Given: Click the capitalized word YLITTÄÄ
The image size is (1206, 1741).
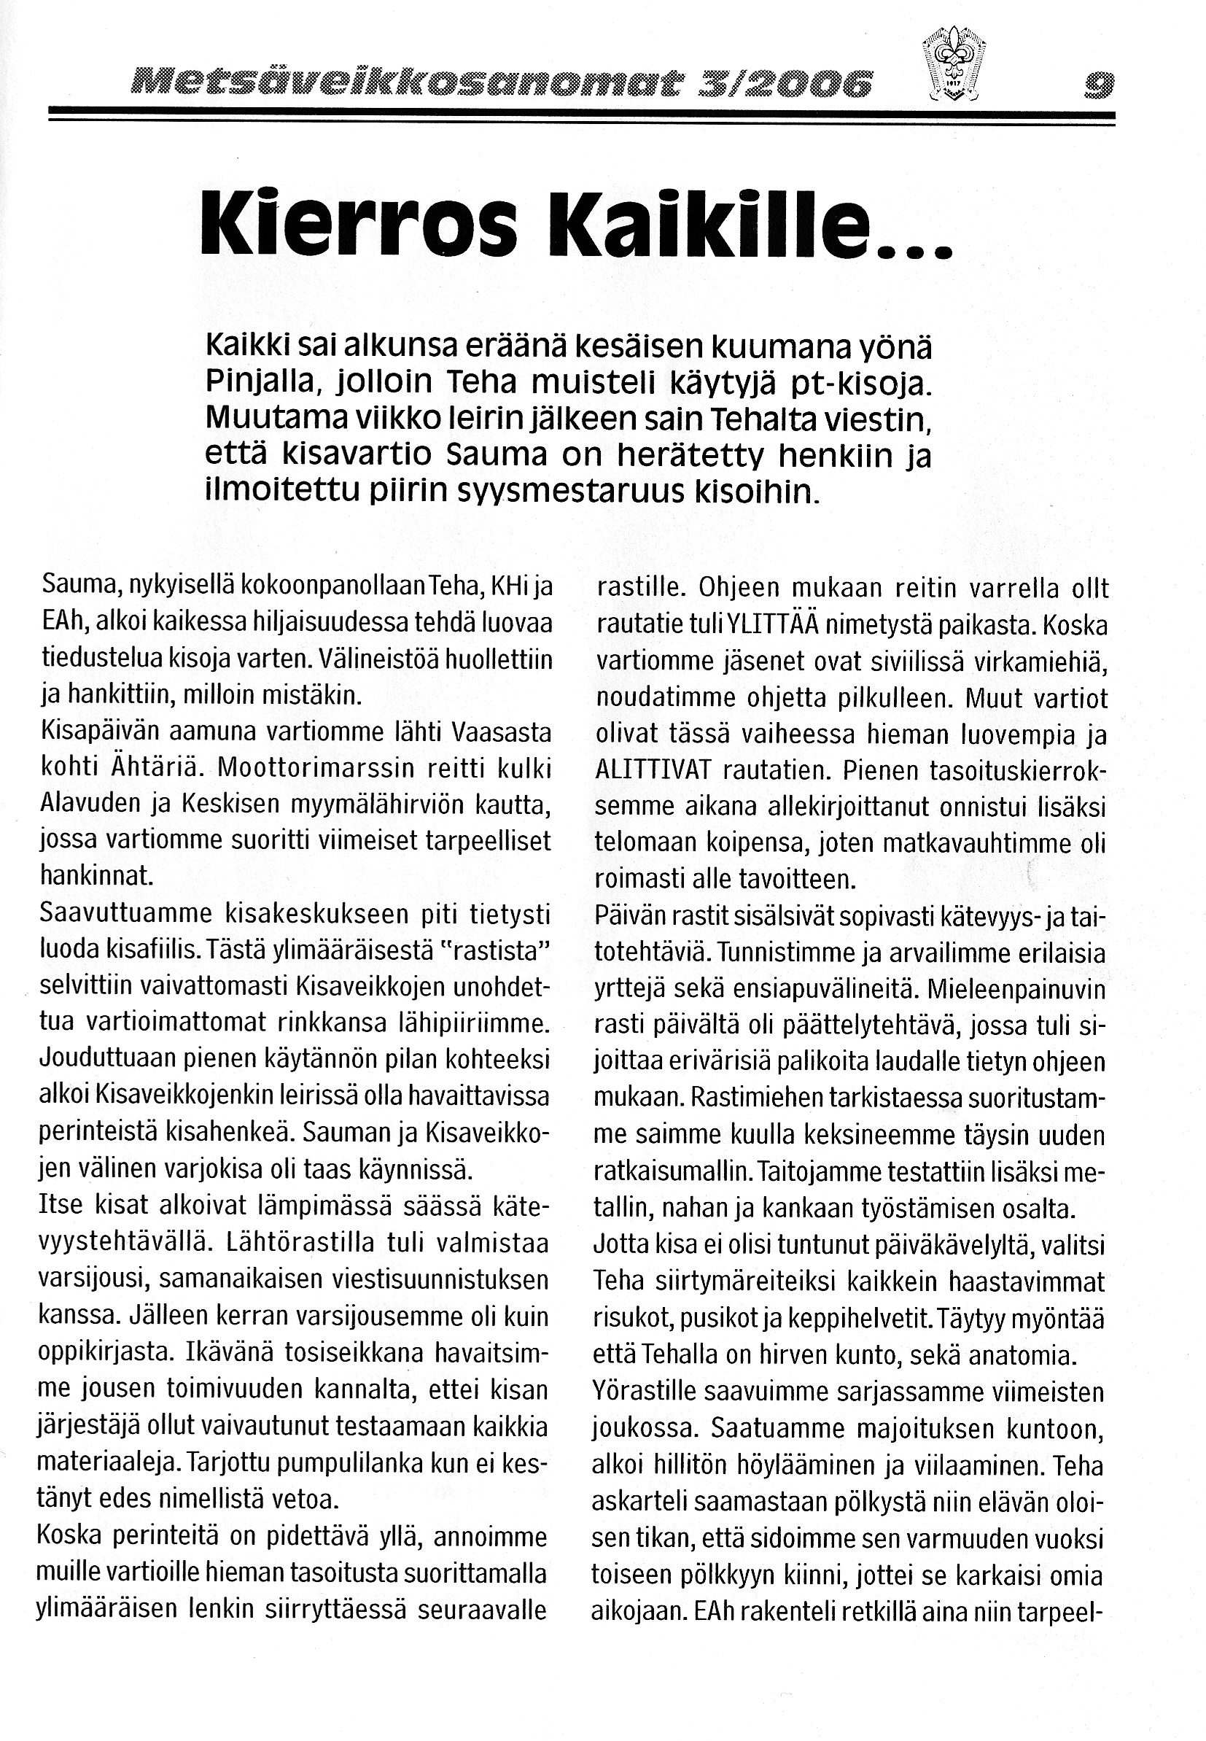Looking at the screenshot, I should click(x=774, y=626).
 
